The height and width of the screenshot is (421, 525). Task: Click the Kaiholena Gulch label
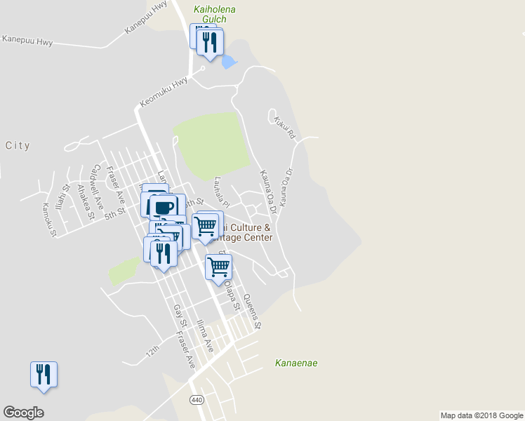(214, 14)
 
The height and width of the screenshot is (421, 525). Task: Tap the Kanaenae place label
(296, 363)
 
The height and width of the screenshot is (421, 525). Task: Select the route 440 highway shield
(197, 399)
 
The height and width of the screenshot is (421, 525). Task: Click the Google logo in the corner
(23, 413)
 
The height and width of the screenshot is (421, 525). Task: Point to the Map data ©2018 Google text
(481, 415)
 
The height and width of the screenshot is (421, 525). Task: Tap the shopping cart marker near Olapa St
(218, 267)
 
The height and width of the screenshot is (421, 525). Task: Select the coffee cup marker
(164, 208)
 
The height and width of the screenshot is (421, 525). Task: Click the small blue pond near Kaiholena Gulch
(228, 62)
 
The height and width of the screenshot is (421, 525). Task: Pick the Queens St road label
(252, 312)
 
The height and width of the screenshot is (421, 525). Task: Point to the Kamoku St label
(48, 220)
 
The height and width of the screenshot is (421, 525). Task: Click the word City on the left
(18, 146)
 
